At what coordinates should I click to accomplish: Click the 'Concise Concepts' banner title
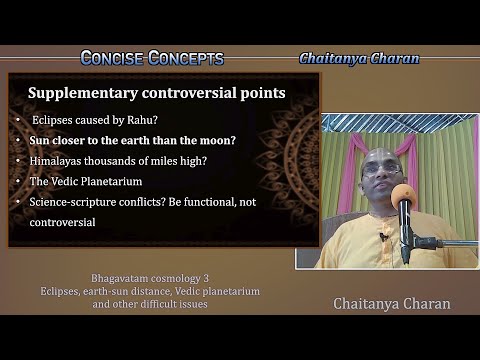point(151,58)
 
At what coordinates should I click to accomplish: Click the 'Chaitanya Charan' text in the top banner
point(359,58)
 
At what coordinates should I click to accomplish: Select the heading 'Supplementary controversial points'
point(157,94)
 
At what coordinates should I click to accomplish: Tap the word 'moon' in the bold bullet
point(215,140)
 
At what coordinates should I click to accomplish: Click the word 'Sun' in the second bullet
point(40,140)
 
